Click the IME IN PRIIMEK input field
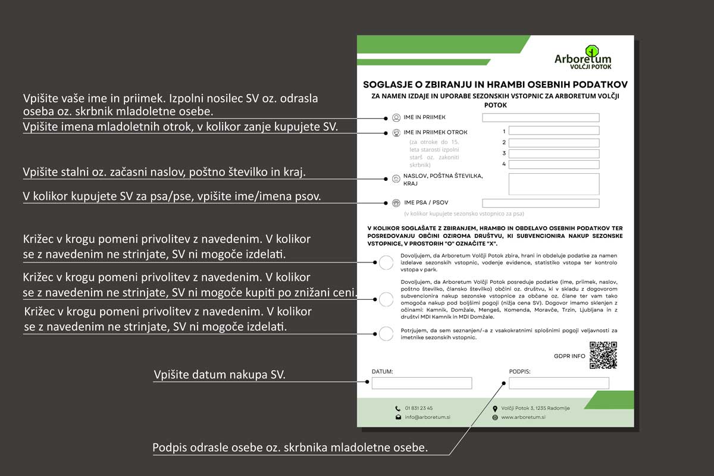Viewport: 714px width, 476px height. coord(540,118)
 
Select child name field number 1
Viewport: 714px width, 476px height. coord(553,131)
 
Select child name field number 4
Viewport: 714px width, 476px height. coord(553,164)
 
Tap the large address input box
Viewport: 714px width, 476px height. coord(553,184)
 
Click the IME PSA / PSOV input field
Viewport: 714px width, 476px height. coord(540,203)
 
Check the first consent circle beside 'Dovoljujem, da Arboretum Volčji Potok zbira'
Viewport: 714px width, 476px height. coord(386,262)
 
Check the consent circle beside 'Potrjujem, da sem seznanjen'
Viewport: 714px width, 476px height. coord(386,334)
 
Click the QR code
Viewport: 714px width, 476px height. coord(603,355)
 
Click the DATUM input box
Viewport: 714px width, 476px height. coord(421,383)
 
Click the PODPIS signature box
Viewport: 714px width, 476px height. coord(559,383)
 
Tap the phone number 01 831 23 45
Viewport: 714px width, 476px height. coord(419,408)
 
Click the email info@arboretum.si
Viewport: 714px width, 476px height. coord(427,417)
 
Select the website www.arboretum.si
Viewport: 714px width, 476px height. coord(523,417)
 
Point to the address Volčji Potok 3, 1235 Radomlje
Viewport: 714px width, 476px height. coord(535,408)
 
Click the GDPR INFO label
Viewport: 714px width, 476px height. coord(569,356)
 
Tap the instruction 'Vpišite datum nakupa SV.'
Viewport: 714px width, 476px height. coord(220,375)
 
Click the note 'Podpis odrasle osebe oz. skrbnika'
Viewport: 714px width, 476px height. coord(290,447)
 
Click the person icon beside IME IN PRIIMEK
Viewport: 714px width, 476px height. coord(396,118)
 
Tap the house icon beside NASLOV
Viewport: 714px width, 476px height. coord(396,178)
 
